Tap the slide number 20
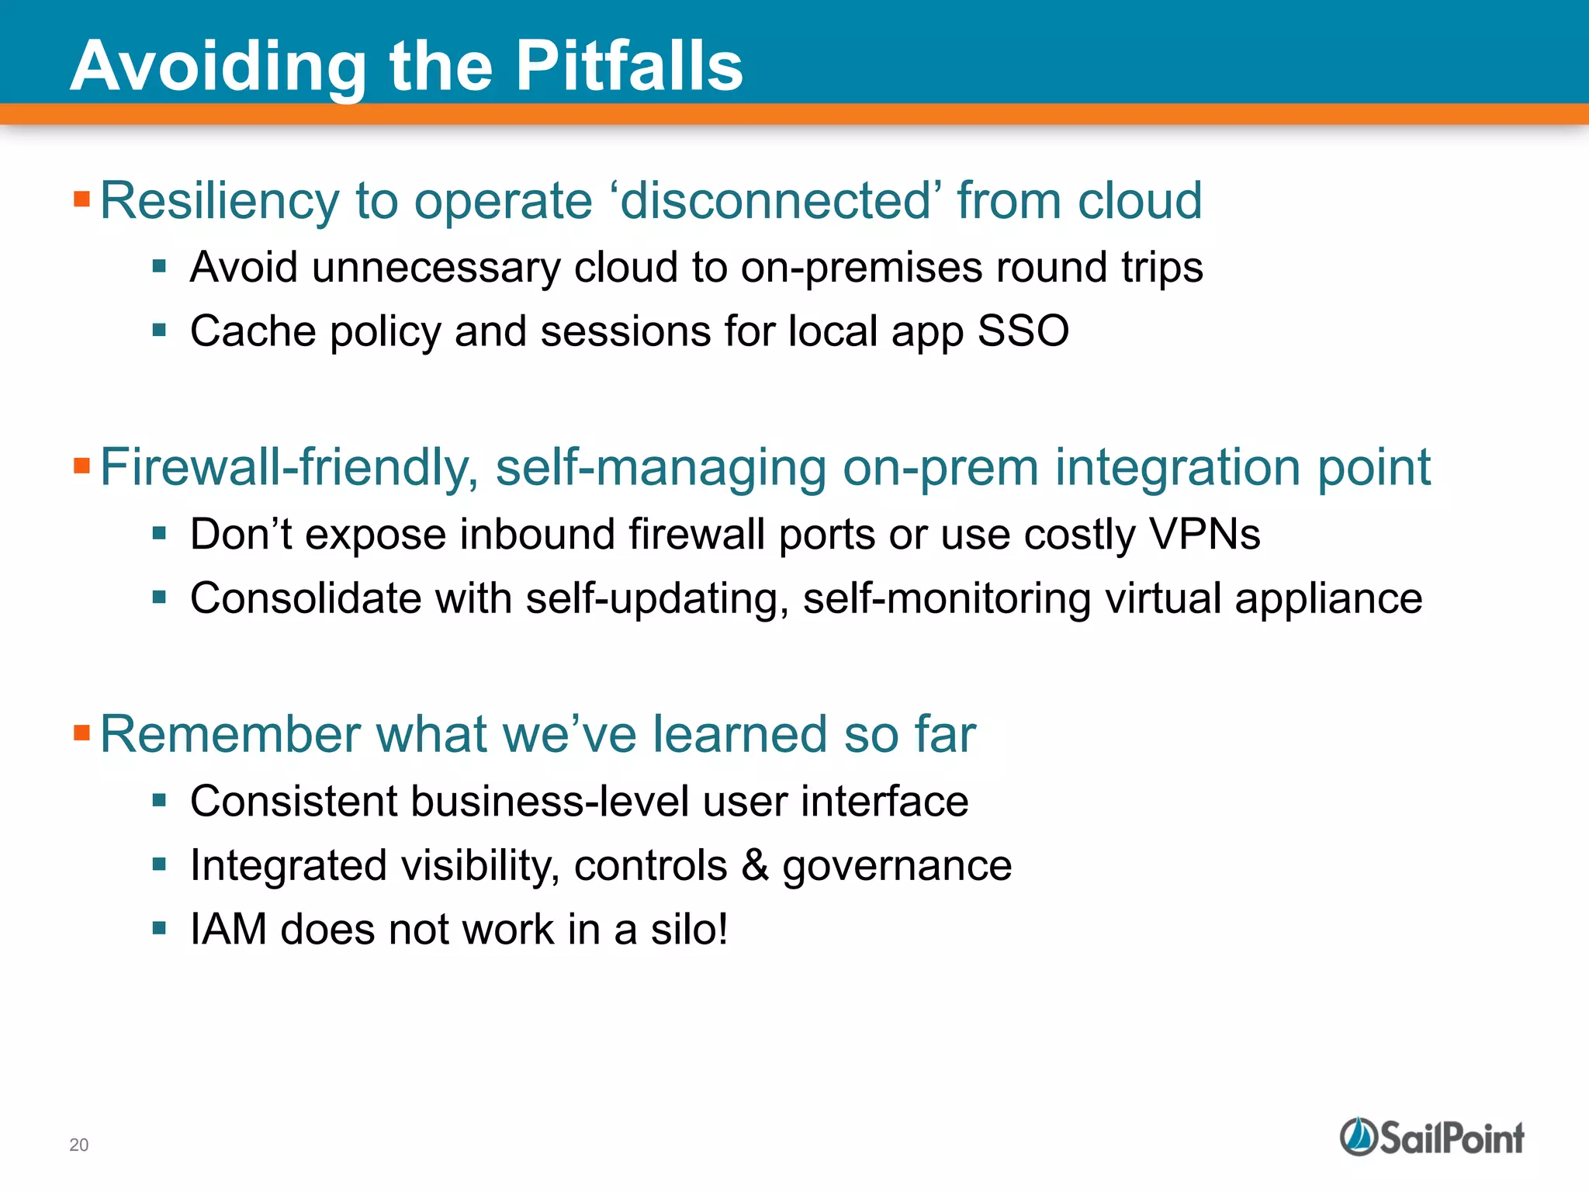[x=78, y=1145]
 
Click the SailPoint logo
[x=1431, y=1138]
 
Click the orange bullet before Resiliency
[x=81, y=199]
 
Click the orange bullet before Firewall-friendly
[x=81, y=466]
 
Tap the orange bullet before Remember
[x=81, y=733]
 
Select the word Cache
[x=252, y=331]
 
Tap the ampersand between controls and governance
[x=754, y=865]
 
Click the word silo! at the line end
[x=689, y=929]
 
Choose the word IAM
[x=228, y=929]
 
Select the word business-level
[x=549, y=801]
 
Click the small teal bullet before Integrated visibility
[x=160, y=864]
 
